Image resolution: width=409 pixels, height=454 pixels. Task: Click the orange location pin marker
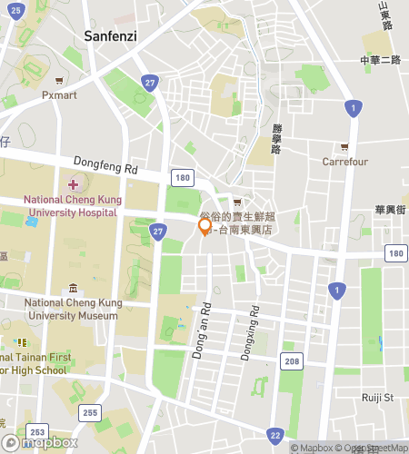(205, 226)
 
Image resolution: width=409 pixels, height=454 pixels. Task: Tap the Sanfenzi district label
(112, 36)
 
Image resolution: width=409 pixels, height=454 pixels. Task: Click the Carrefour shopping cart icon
(344, 147)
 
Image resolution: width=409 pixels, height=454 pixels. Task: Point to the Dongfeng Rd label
(105, 168)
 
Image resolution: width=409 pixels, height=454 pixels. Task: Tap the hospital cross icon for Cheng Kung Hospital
(74, 184)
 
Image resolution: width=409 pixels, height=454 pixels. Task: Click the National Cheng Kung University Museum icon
(73, 289)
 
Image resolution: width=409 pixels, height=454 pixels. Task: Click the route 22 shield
(275, 434)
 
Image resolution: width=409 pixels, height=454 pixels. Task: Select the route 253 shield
(37, 431)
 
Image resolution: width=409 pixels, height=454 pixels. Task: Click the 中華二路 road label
(380, 60)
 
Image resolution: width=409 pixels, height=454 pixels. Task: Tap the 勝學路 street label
(276, 137)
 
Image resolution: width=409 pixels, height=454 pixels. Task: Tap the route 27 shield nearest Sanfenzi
(149, 83)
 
